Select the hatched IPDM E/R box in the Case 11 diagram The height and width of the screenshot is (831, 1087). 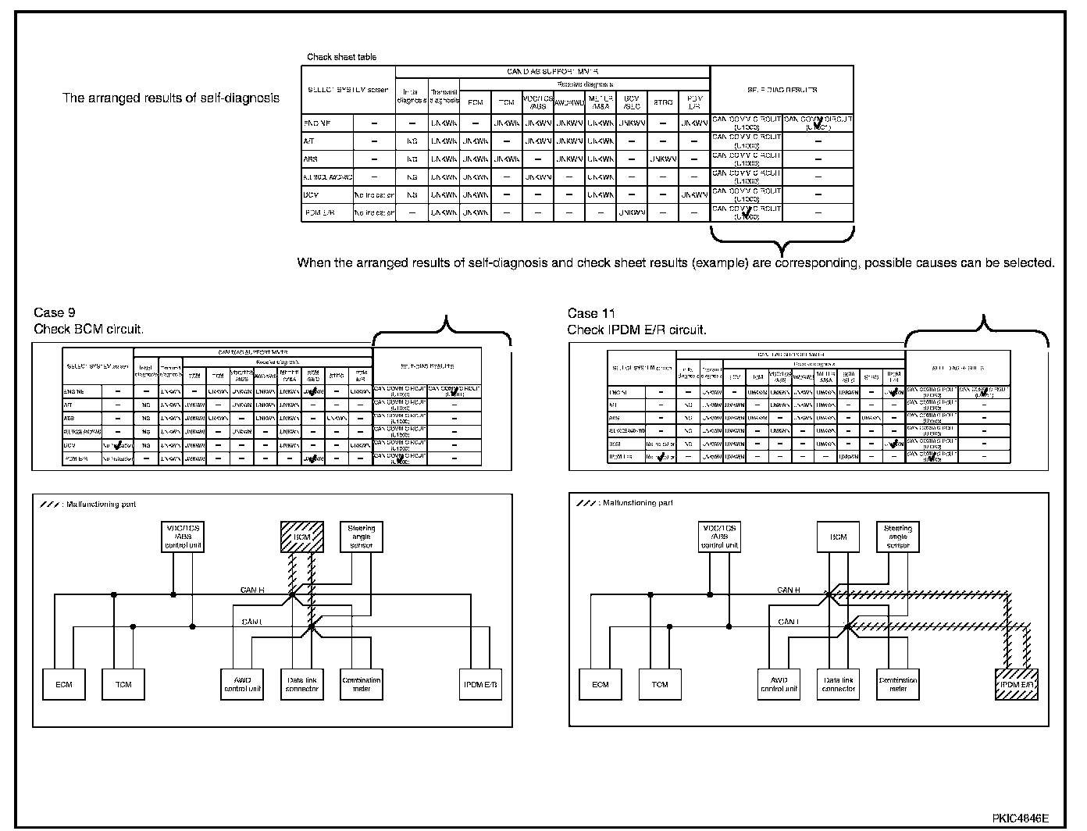(x=1017, y=684)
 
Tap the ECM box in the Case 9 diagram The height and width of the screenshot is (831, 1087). (x=64, y=684)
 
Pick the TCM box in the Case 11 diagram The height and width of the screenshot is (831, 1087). (x=660, y=684)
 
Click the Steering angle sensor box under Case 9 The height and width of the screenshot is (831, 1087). (x=361, y=537)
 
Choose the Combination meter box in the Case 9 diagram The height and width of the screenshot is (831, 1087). (x=361, y=684)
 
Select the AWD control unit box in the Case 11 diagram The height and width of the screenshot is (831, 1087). (x=779, y=684)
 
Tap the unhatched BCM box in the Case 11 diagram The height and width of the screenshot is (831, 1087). (x=838, y=537)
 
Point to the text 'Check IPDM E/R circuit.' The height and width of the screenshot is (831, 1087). (x=637, y=330)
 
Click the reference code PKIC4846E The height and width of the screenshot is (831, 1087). (x=1021, y=819)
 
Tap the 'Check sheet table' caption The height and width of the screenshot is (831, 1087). (x=341, y=57)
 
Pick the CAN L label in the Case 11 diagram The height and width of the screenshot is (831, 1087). (x=789, y=622)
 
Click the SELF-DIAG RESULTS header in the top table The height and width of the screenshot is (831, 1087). (x=782, y=91)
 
